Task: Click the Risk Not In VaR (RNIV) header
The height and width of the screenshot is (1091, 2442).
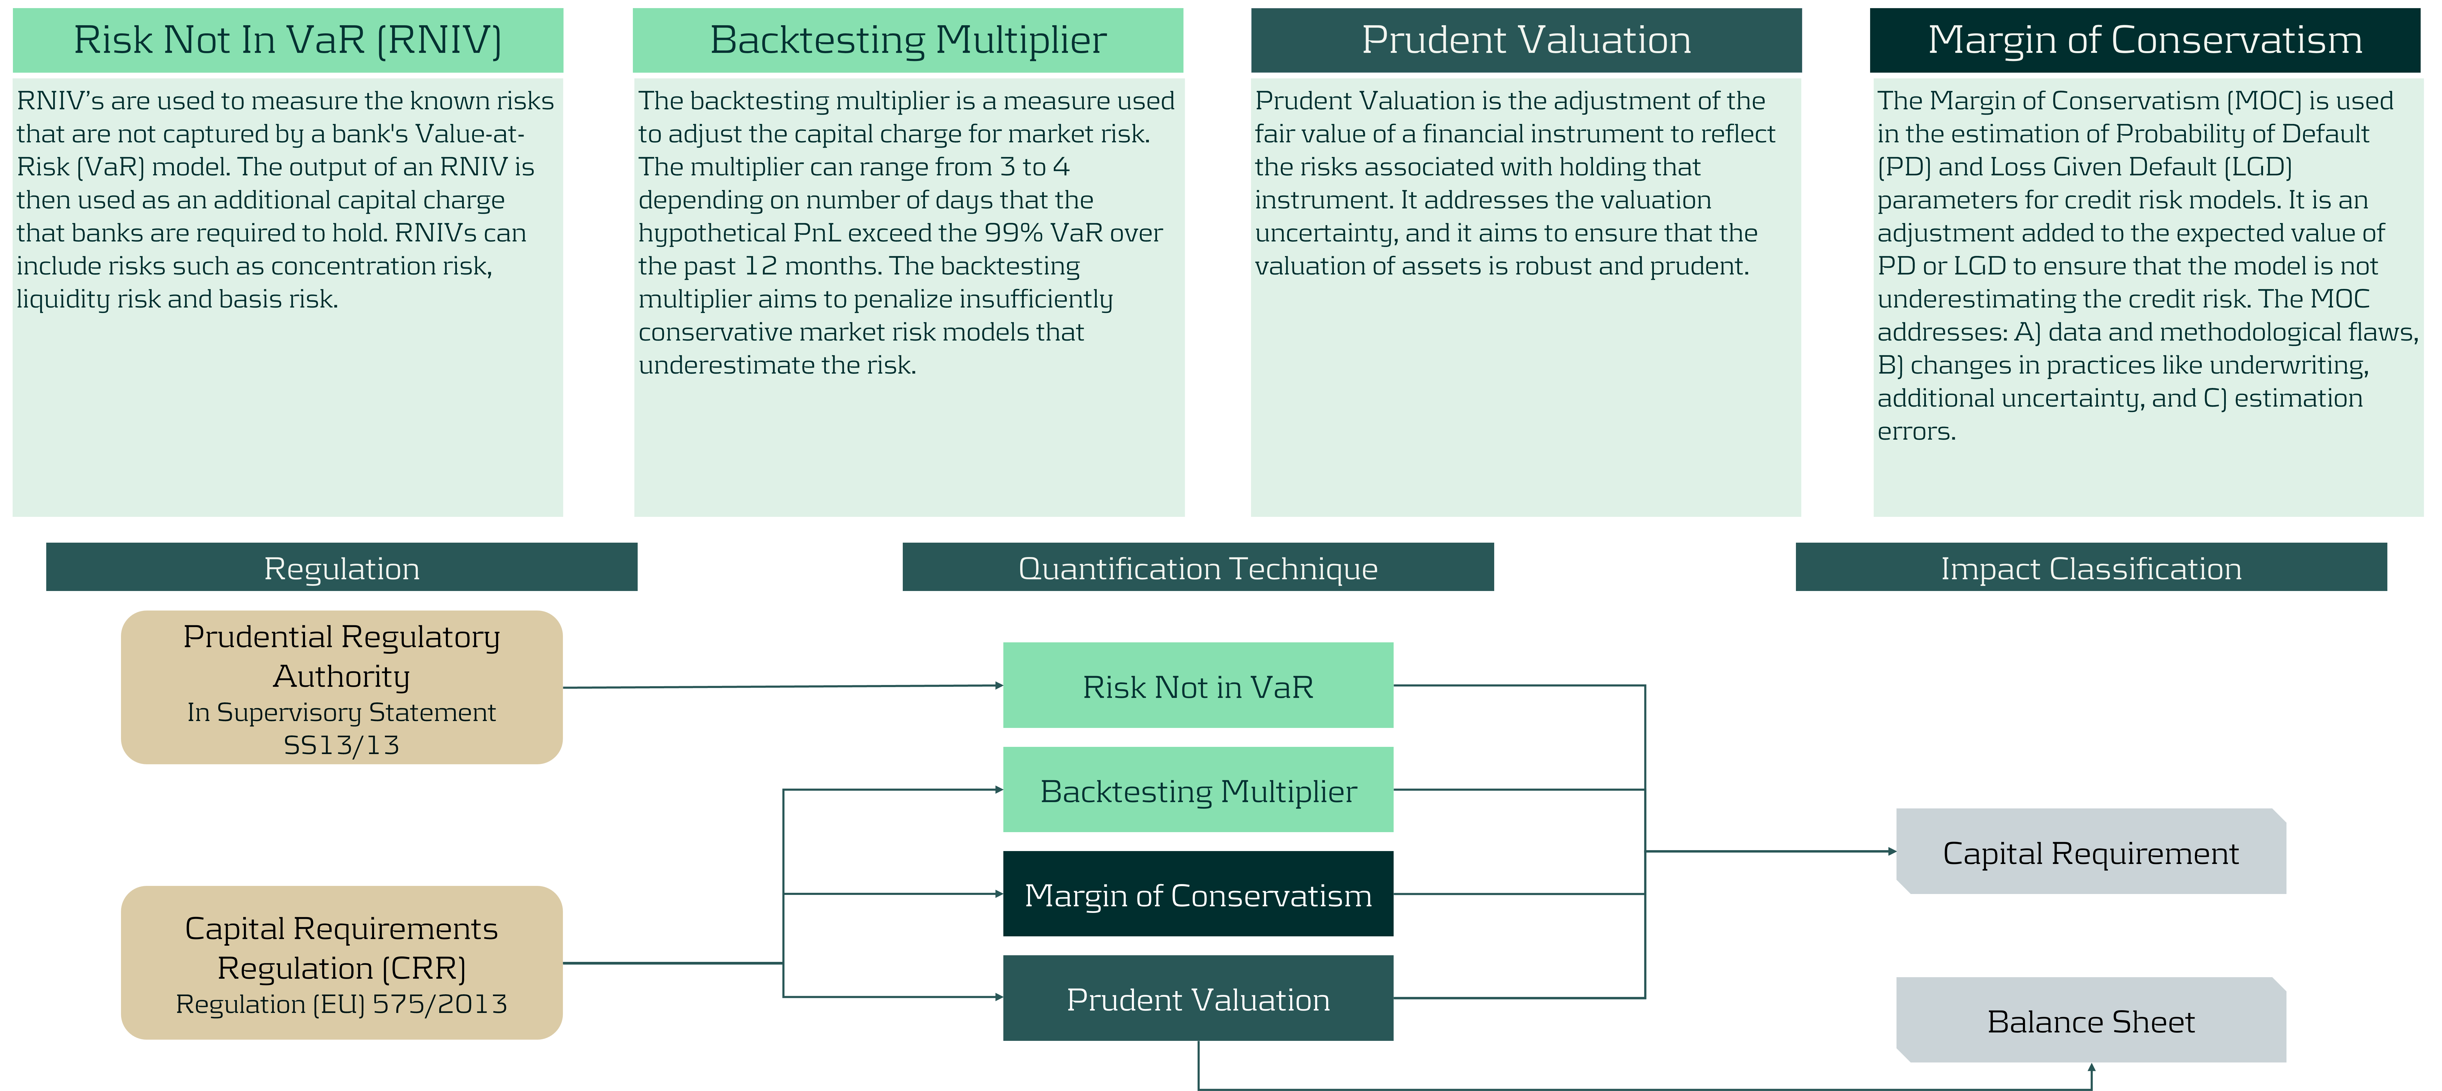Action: tap(287, 40)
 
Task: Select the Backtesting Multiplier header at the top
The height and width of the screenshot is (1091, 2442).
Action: tap(908, 40)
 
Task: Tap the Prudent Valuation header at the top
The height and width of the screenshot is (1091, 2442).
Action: tap(1526, 40)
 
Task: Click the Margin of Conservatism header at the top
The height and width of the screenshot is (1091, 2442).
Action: tap(2144, 40)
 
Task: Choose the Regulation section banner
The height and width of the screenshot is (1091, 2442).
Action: tap(341, 567)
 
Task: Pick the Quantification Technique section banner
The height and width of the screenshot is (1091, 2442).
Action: tap(1198, 567)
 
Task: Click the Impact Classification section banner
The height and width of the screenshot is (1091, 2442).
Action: tap(2091, 567)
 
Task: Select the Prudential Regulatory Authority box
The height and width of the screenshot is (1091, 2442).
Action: tap(341, 687)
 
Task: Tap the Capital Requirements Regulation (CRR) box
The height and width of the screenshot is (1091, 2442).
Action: tap(341, 962)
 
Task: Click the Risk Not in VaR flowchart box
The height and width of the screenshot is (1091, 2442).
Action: tap(1198, 685)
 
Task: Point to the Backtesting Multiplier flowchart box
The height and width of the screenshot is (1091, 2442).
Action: tap(1198, 789)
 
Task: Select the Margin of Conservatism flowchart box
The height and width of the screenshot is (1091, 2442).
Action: tap(1198, 894)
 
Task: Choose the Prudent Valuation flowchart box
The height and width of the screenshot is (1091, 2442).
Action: tap(1198, 998)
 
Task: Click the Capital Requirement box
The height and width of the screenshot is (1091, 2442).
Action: tap(2091, 851)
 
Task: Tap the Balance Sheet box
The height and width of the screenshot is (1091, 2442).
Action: tap(2091, 1020)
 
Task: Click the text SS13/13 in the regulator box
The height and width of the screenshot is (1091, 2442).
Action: tap(341, 745)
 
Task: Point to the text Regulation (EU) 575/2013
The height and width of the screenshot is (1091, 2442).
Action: tap(341, 1004)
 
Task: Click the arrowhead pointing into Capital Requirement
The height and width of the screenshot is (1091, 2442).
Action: tap(1892, 851)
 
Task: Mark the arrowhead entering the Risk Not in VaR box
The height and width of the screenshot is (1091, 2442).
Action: tap(999, 685)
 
